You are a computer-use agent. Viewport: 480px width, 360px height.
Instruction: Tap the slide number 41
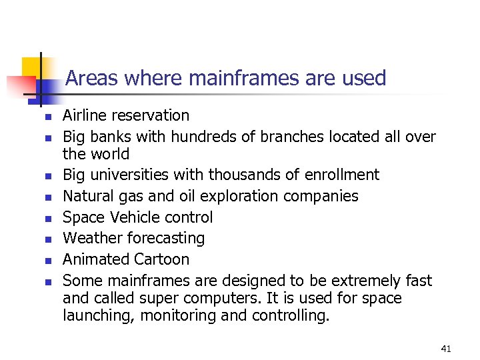[446, 349]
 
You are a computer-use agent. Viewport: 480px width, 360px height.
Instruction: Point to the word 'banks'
[115, 137]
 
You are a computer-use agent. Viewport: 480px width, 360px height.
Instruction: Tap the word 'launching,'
[99, 315]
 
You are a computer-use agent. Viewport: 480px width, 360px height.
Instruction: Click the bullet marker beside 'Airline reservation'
[47, 117]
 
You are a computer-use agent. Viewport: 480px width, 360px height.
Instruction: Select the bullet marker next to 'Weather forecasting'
[47, 239]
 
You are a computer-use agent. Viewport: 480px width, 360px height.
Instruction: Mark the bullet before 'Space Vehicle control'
[47, 219]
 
